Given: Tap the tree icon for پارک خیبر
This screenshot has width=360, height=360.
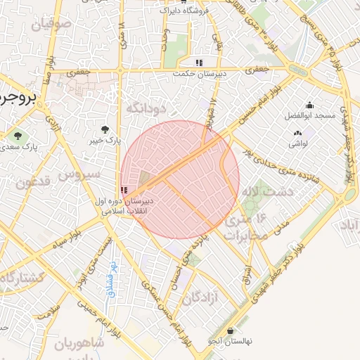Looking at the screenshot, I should (105, 129).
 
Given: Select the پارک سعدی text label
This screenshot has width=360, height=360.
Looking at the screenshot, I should (19, 147).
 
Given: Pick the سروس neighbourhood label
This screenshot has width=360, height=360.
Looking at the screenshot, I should (77, 174).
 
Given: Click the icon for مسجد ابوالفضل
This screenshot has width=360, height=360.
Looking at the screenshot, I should (309, 105).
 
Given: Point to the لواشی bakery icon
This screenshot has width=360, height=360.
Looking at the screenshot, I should (296, 133).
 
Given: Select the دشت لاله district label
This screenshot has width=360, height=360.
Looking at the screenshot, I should (259, 191).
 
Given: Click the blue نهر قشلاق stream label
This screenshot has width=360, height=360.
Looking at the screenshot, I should (111, 280).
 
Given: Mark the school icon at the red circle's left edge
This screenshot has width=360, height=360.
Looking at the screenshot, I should (124, 190).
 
